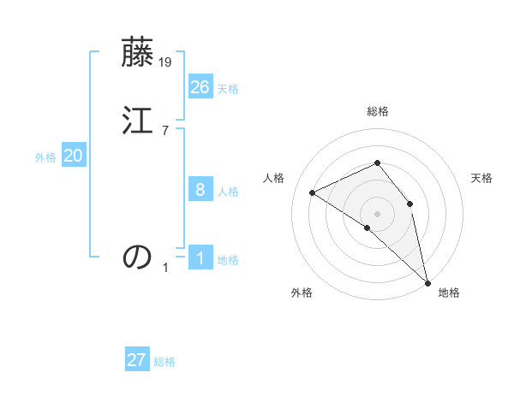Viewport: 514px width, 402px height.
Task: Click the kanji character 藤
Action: click(138, 53)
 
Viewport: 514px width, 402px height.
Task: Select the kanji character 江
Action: click(138, 121)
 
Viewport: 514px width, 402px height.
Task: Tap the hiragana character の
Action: click(138, 257)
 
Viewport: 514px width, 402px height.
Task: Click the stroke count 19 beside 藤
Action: click(165, 62)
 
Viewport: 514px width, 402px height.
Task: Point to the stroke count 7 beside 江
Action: click(165, 131)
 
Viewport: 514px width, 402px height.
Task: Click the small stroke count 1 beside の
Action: click(165, 268)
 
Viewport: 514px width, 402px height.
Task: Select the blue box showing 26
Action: click(200, 87)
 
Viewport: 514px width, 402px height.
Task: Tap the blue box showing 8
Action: click(200, 190)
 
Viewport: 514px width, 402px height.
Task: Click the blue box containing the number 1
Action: click(200, 258)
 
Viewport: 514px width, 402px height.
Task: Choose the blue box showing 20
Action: click(74, 156)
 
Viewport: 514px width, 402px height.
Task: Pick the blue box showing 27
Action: click(137, 360)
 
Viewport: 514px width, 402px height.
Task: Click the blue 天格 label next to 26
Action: click(228, 89)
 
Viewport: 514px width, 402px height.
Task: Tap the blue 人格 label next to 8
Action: click(228, 192)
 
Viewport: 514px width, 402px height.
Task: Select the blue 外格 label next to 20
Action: click(45, 157)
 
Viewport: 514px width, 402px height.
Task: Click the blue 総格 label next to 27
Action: click(164, 362)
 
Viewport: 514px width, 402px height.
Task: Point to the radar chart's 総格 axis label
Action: click(378, 111)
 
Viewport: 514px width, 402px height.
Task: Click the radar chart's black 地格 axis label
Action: click(449, 293)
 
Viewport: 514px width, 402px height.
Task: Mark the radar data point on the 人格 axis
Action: click(313, 192)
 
